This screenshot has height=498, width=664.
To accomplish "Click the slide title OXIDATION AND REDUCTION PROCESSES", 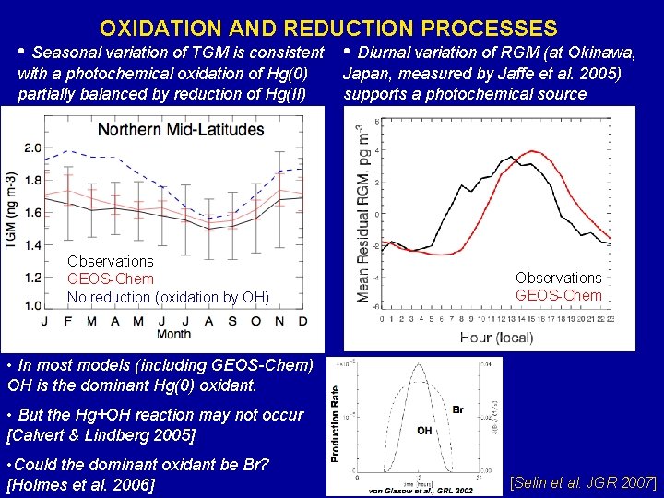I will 328,29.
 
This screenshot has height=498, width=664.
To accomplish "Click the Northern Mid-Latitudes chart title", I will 181,129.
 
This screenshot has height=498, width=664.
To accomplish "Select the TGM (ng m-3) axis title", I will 11,210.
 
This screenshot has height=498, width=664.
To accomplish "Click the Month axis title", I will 173,333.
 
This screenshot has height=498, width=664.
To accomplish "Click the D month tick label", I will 302,320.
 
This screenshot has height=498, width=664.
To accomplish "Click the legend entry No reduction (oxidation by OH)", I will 168,296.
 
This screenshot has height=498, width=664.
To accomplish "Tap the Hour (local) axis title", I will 496,337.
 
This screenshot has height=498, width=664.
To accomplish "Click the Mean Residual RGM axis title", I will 364,215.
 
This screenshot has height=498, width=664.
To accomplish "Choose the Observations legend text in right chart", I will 558,278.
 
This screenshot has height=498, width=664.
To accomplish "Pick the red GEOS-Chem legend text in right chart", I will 558,295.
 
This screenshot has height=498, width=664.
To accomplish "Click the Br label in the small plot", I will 457,409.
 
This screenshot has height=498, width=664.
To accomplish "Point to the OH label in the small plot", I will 424,430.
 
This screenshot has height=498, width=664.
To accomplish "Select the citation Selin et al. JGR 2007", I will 584,481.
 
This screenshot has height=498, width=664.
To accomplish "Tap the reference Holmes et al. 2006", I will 81,484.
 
